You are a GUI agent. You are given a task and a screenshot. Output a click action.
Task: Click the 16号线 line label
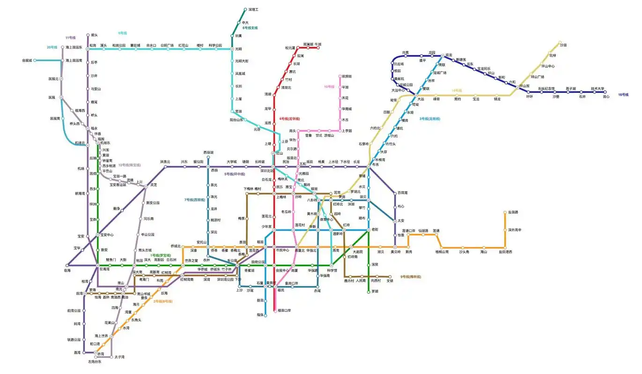pyautogui.click(x=623, y=95)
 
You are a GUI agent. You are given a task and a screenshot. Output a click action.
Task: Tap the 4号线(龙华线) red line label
pyautogui.click(x=289, y=119)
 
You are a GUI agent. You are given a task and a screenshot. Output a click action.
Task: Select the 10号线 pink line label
pyautogui.click(x=330, y=86)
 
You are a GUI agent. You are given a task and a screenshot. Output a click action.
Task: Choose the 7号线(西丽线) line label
pyautogui.click(x=194, y=200)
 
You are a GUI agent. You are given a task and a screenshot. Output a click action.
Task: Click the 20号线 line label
pyautogui.click(x=52, y=47)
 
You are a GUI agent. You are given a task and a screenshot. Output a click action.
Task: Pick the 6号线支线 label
pyautogui.click(x=250, y=28)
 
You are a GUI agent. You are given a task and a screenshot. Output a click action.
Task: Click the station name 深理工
pyautogui.click(x=253, y=9)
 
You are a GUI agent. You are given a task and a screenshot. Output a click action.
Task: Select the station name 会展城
pyautogui.click(x=27, y=60)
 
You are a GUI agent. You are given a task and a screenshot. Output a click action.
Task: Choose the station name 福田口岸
pyautogui.click(x=284, y=310)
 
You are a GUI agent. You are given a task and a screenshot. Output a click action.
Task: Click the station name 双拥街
pyautogui.click(x=347, y=76)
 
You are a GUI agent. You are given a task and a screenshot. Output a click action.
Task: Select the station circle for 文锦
pyautogui.click(x=390, y=276)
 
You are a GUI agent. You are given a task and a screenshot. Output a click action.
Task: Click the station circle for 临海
pyautogui.click(x=67, y=266)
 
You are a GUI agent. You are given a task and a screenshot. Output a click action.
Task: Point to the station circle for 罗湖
pyautogui.click(x=369, y=292)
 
